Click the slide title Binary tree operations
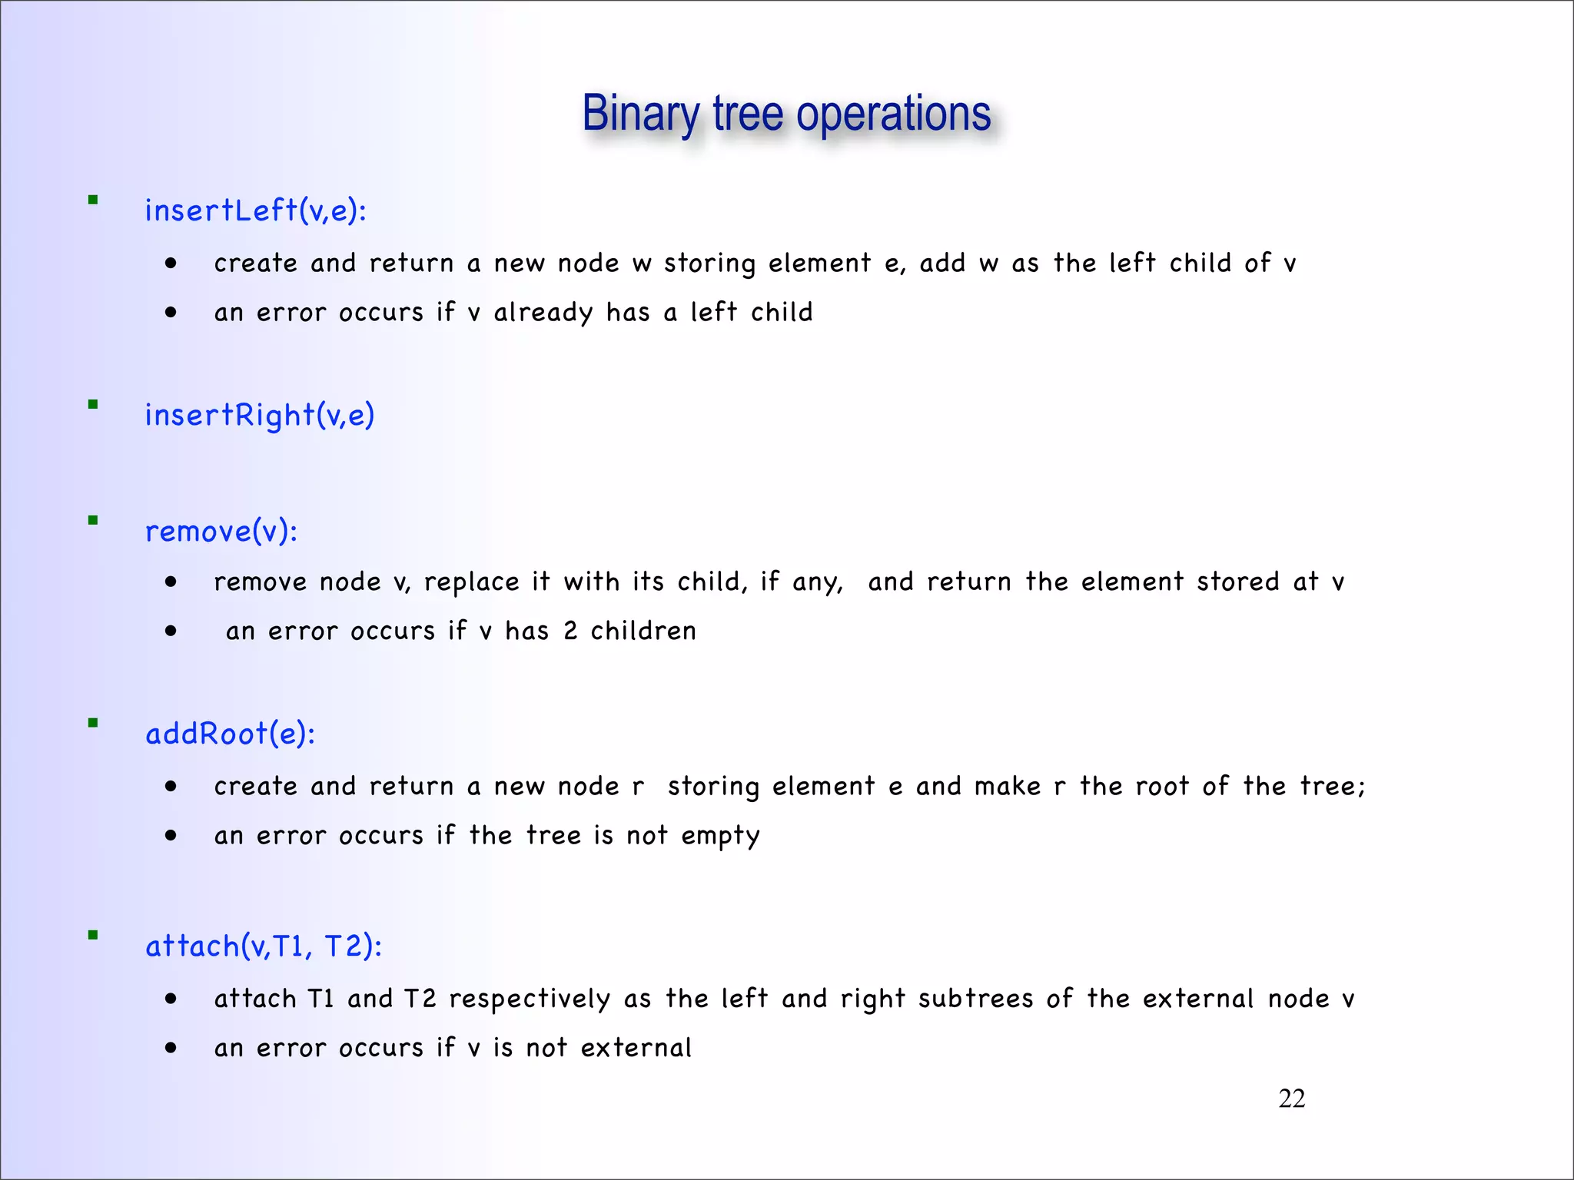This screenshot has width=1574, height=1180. click(786, 114)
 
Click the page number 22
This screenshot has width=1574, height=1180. click(1291, 1099)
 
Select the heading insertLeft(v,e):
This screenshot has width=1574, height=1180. click(255, 210)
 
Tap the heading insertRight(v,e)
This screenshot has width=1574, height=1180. click(259, 415)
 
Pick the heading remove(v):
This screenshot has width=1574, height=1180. click(221, 531)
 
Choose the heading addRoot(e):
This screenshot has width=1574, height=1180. click(230, 734)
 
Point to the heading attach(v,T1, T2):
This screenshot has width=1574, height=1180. click(264, 946)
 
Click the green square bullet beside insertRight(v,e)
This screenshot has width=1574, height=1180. click(93, 405)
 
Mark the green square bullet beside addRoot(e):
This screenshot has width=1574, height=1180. click(93, 723)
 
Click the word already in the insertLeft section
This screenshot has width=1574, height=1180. click(543, 313)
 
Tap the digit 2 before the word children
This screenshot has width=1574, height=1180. click(570, 631)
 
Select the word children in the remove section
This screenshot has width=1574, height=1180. click(643, 631)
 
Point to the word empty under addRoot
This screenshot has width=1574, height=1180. click(720, 836)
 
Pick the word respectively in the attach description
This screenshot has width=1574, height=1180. click(530, 999)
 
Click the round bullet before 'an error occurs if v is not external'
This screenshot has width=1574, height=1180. click(171, 1048)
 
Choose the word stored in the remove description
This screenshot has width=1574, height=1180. click(1237, 582)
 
